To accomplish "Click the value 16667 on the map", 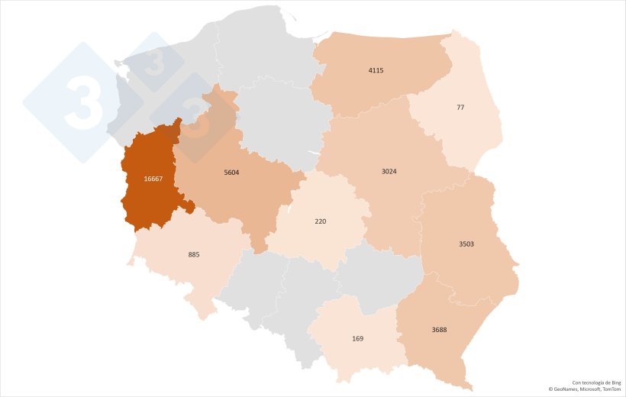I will pos(153,179).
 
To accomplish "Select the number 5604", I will pos(231,173).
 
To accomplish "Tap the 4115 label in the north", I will pos(376,70).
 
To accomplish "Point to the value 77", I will pos(460,108).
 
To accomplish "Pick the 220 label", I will pos(321,221).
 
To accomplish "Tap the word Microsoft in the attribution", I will pos(591,389).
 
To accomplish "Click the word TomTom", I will pos(611,389).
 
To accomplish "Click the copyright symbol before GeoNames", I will pos(551,389).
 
